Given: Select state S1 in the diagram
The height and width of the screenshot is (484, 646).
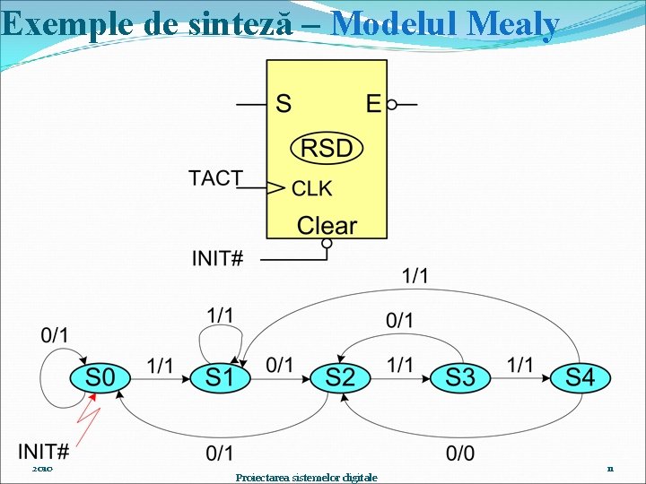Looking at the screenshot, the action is pyautogui.click(x=219, y=377).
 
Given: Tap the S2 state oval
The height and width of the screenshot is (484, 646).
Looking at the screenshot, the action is pyautogui.click(x=340, y=377).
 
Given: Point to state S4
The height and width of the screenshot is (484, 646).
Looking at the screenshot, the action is pyautogui.click(x=580, y=377).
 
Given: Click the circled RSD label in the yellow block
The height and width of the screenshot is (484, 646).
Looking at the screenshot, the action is pyautogui.click(x=327, y=148).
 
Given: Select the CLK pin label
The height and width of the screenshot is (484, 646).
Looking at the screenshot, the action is pyautogui.click(x=312, y=188).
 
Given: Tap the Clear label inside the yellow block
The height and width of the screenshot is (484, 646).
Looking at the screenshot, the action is pyautogui.click(x=327, y=226).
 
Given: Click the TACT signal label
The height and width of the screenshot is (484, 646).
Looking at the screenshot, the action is pyautogui.click(x=215, y=178).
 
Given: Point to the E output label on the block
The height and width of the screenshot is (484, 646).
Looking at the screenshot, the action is pyautogui.click(x=373, y=104).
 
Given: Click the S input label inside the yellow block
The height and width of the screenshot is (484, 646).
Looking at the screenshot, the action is pyautogui.click(x=283, y=104).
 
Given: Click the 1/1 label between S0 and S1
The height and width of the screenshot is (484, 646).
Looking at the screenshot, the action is pyautogui.click(x=160, y=366).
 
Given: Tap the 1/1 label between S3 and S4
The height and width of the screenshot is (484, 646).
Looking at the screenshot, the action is pyautogui.click(x=520, y=365).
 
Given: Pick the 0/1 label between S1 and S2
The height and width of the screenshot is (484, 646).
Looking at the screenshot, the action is pyautogui.click(x=279, y=365).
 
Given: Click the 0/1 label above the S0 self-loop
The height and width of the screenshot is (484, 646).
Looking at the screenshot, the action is pyautogui.click(x=55, y=335).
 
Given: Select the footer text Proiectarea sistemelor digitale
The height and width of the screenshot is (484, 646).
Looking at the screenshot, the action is pyautogui.click(x=306, y=477).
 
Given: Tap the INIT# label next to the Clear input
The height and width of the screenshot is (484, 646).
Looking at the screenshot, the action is pyautogui.click(x=217, y=259).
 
